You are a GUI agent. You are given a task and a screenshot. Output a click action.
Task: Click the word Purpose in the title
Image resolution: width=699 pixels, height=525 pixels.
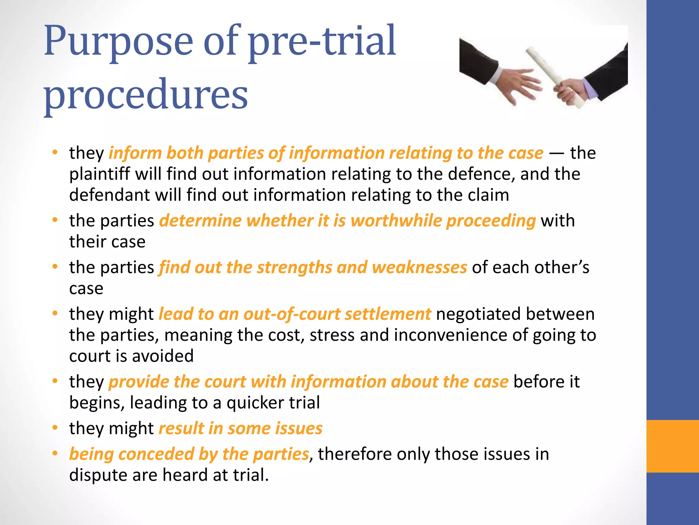(118, 42)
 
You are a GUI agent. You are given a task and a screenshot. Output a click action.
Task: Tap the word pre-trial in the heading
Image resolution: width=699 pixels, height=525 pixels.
(322, 42)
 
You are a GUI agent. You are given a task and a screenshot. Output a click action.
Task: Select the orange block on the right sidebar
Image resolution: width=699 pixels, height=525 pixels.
(672, 446)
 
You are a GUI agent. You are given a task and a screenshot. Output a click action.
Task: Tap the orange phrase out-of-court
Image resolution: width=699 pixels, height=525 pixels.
(291, 314)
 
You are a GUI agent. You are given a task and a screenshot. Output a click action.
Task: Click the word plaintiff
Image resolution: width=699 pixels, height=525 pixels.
(100, 174)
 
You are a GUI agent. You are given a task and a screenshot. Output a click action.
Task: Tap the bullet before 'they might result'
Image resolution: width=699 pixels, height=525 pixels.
(55, 428)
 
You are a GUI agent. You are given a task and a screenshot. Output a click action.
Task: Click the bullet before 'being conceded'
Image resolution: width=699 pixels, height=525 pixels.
(55, 454)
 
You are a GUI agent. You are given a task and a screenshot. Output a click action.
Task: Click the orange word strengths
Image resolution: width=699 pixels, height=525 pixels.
(294, 268)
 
